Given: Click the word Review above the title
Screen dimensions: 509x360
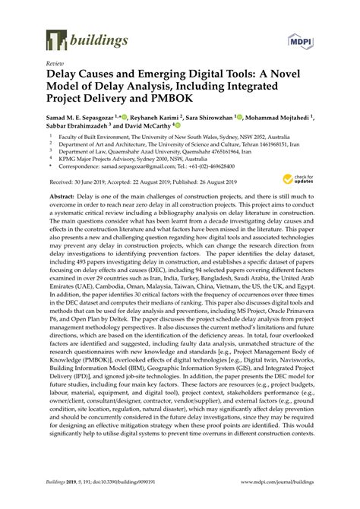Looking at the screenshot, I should (x=55, y=65).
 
